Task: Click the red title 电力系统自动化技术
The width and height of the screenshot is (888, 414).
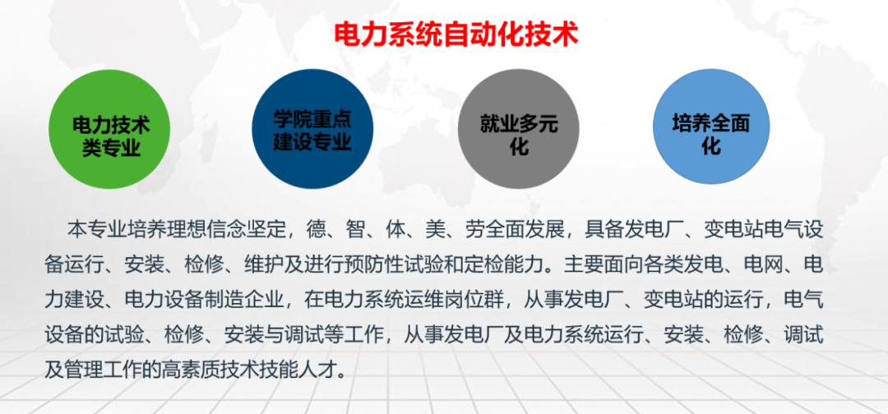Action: (x=456, y=34)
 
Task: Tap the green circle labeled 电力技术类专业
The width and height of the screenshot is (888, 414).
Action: (x=111, y=136)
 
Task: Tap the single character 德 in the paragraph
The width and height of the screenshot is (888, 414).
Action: (x=316, y=228)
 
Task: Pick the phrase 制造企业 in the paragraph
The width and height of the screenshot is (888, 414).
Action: (x=224, y=300)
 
